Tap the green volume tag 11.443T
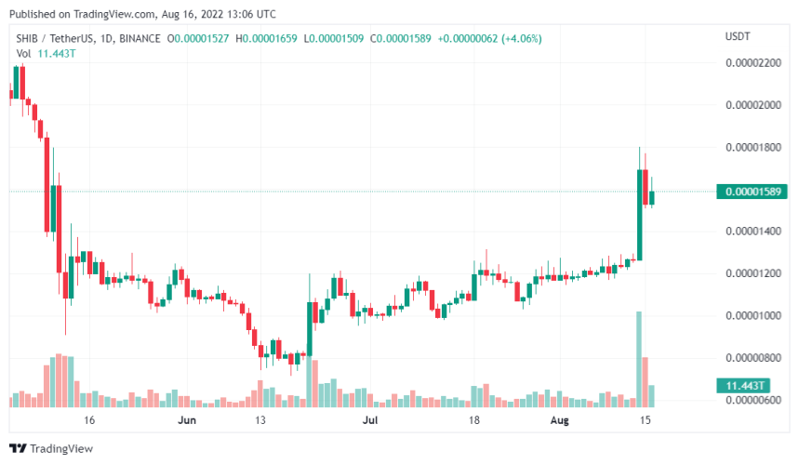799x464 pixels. tap(745, 385)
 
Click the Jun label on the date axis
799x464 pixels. tap(187, 420)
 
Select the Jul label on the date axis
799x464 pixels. tap(371, 420)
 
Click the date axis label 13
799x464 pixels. tap(261, 420)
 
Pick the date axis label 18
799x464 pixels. tap(473, 420)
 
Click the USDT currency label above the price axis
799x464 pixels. tap(739, 36)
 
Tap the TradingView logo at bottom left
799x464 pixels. tap(56, 449)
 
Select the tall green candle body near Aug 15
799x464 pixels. tap(640, 214)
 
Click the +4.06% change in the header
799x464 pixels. tap(519, 38)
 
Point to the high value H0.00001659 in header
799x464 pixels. tap(268, 38)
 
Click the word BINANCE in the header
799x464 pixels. tap(136, 38)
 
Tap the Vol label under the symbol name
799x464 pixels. tap(24, 54)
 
